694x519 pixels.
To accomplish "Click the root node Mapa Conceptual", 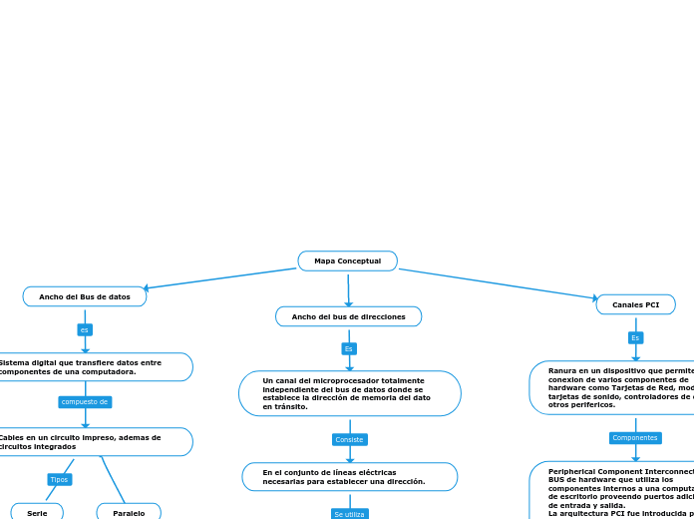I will [x=347, y=260].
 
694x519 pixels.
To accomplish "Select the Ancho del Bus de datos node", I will [x=85, y=296].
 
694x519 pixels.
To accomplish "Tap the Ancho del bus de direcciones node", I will [x=348, y=316].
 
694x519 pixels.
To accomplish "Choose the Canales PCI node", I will [x=635, y=304].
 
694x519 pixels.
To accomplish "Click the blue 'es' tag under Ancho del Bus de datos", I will [x=85, y=329].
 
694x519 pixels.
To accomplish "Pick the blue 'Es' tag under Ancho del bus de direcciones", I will [x=349, y=348].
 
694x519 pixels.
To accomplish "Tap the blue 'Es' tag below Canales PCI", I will [x=635, y=338].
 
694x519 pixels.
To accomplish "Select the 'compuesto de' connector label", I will [x=85, y=402].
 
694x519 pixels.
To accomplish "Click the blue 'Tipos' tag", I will [x=60, y=480].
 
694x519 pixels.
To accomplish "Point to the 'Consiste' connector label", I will [x=349, y=439].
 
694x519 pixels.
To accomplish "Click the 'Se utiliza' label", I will [x=349, y=514].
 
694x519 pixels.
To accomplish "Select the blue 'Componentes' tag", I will [x=635, y=437].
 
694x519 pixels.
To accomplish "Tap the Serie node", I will [x=37, y=512].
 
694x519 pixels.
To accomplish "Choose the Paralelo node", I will [x=129, y=512].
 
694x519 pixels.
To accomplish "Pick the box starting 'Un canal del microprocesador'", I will [x=349, y=393].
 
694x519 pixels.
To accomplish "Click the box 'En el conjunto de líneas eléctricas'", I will [x=349, y=477].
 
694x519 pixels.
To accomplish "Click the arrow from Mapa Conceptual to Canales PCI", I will [x=499, y=283].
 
